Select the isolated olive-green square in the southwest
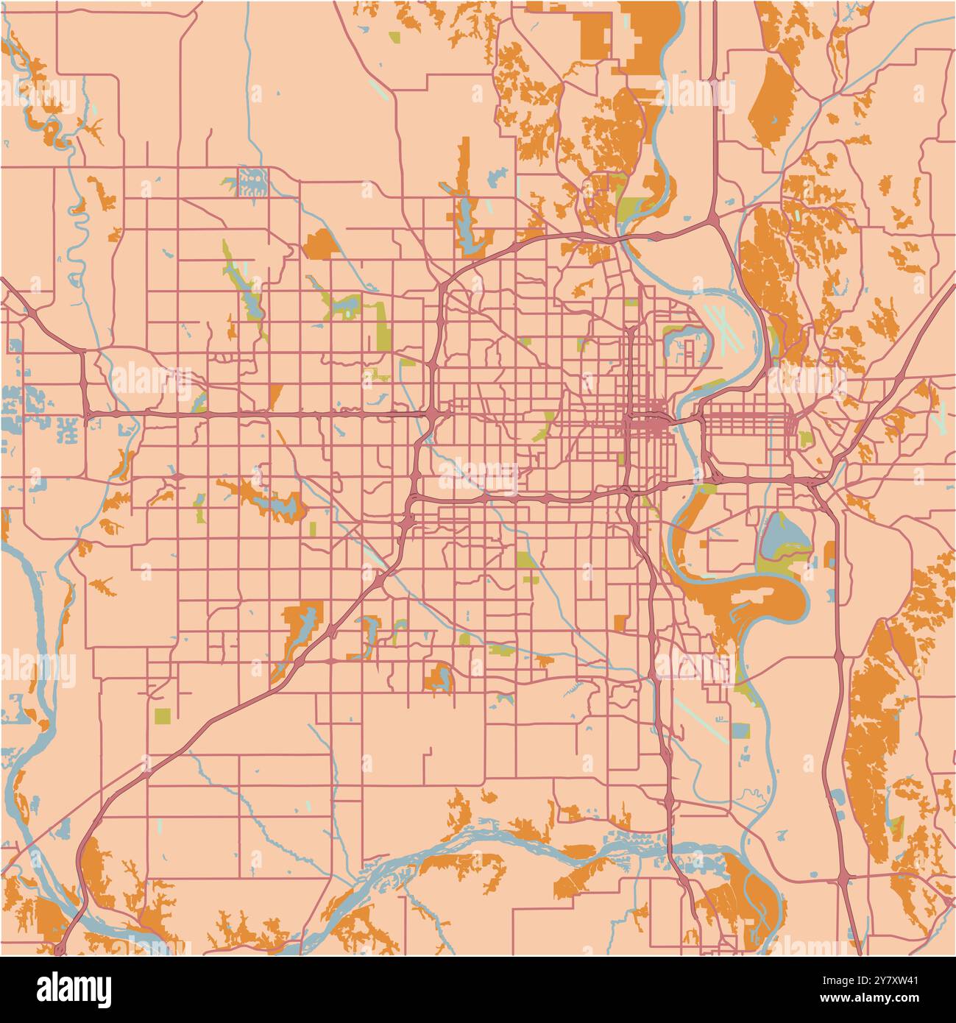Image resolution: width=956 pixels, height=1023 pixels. click(162, 715)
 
